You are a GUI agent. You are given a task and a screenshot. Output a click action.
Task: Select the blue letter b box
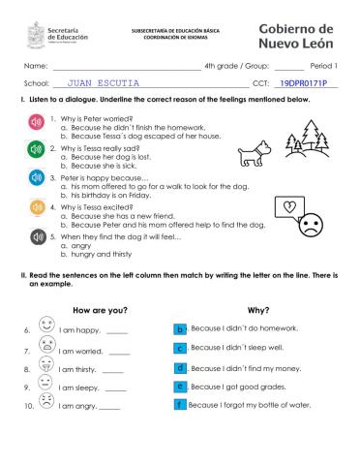[x=180, y=329]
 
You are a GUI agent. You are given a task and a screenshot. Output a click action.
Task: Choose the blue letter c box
[x=180, y=348]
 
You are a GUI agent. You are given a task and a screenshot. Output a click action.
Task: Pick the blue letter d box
[x=180, y=368]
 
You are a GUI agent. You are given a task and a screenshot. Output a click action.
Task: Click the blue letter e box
[x=180, y=387]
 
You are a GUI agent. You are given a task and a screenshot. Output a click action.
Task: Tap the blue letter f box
[x=180, y=404]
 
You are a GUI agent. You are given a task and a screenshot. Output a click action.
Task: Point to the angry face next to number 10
[x=45, y=402]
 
